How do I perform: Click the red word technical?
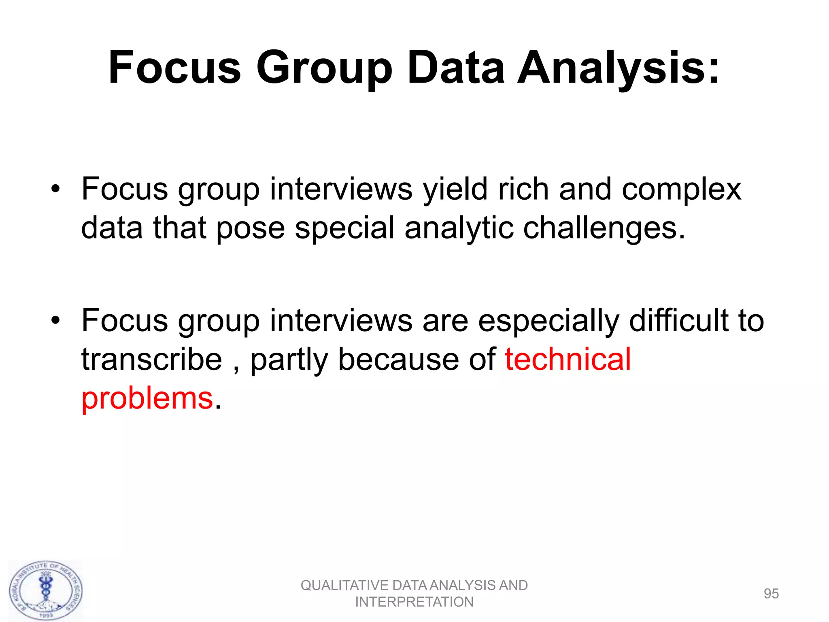point(568,359)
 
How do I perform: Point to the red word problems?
point(147,398)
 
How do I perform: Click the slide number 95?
point(771,594)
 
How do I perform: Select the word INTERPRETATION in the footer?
point(414,602)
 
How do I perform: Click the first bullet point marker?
point(55,189)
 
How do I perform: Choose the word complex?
point(681,189)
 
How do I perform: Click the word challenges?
point(600,228)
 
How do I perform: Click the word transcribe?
point(152,359)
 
